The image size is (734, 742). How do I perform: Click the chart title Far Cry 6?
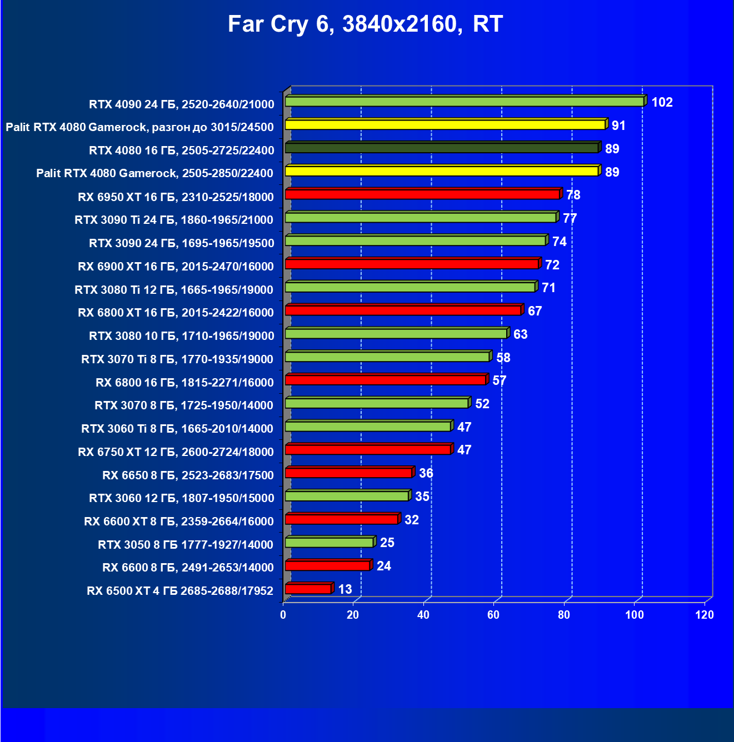point(365,24)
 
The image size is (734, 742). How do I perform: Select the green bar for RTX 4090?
point(464,102)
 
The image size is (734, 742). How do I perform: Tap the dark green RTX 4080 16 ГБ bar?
point(442,148)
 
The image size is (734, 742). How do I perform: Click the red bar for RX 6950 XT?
point(422,194)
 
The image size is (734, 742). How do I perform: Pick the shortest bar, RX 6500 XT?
point(308,589)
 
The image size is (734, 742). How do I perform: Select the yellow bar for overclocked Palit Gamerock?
point(445,125)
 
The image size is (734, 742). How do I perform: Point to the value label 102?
point(662,102)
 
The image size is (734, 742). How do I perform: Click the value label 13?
point(345,589)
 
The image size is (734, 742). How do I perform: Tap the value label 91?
point(618,126)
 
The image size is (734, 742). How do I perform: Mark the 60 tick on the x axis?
point(493,615)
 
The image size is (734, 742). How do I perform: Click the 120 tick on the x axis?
point(705,615)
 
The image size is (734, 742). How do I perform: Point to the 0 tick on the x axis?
point(283,615)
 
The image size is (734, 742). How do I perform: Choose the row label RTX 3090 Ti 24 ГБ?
point(174,220)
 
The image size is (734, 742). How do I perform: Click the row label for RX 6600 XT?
point(179,522)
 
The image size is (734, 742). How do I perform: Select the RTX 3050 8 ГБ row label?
point(186,545)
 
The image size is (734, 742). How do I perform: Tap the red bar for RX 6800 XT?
point(403,310)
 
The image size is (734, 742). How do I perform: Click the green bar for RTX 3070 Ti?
point(387,357)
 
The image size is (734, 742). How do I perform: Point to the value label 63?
point(520,334)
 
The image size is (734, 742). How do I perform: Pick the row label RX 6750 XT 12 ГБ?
point(176,452)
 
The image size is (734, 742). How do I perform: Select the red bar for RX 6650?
point(348,473)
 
